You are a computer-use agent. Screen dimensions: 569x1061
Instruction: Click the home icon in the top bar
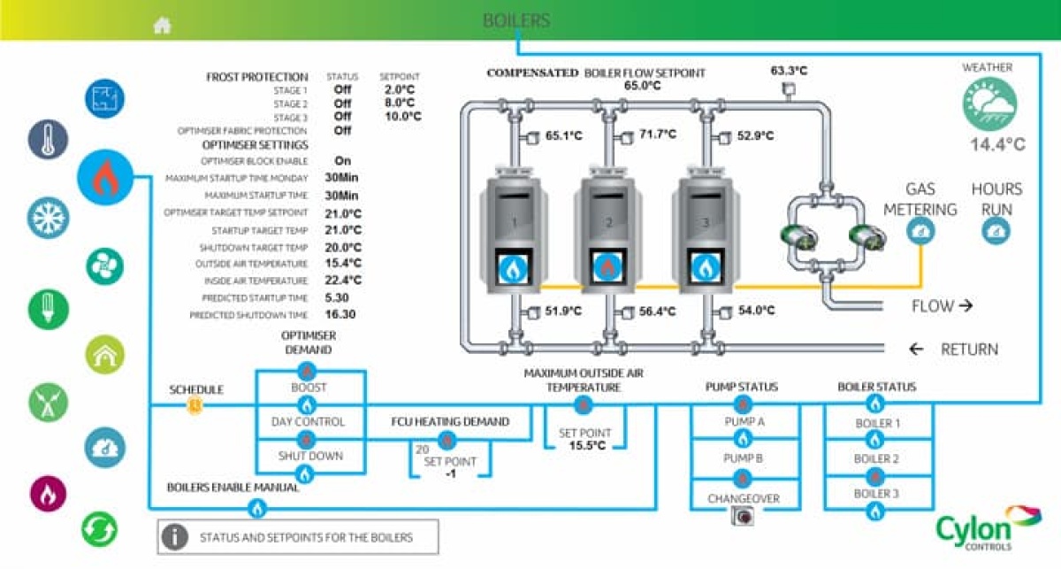tap(162, 25)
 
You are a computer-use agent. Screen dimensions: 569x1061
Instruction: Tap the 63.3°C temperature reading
tap(788, 71)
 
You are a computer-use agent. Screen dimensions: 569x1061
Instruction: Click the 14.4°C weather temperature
tap(996, 145)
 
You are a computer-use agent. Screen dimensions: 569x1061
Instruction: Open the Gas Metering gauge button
tap(920, 232)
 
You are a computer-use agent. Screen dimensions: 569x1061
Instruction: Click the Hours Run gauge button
tap(996, 232)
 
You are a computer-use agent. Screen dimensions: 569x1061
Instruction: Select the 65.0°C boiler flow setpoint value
tap(643, 86)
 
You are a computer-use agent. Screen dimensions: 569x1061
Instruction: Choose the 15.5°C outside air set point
tap(586, 445)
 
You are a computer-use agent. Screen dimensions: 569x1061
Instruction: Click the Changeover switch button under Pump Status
tap(743, 518)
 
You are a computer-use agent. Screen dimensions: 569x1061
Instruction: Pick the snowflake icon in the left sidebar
tap(47, 217)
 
